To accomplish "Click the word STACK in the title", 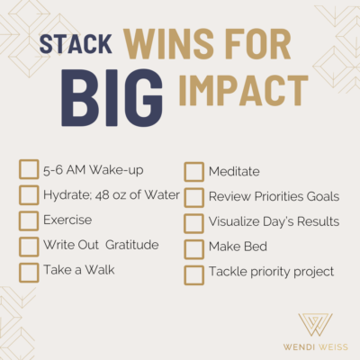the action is tap(76, 44).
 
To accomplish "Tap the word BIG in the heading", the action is tap(112, 98).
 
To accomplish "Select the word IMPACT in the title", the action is tap(244, 91).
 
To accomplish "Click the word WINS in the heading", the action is tap(169, 44).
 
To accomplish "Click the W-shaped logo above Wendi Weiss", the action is tap(315, 325).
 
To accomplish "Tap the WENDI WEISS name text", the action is tap(316, 347).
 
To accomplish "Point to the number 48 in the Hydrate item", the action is tap(102, 195).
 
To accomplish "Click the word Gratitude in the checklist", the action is tap(132, 245).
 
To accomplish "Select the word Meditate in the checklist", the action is tap(234, 172).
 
